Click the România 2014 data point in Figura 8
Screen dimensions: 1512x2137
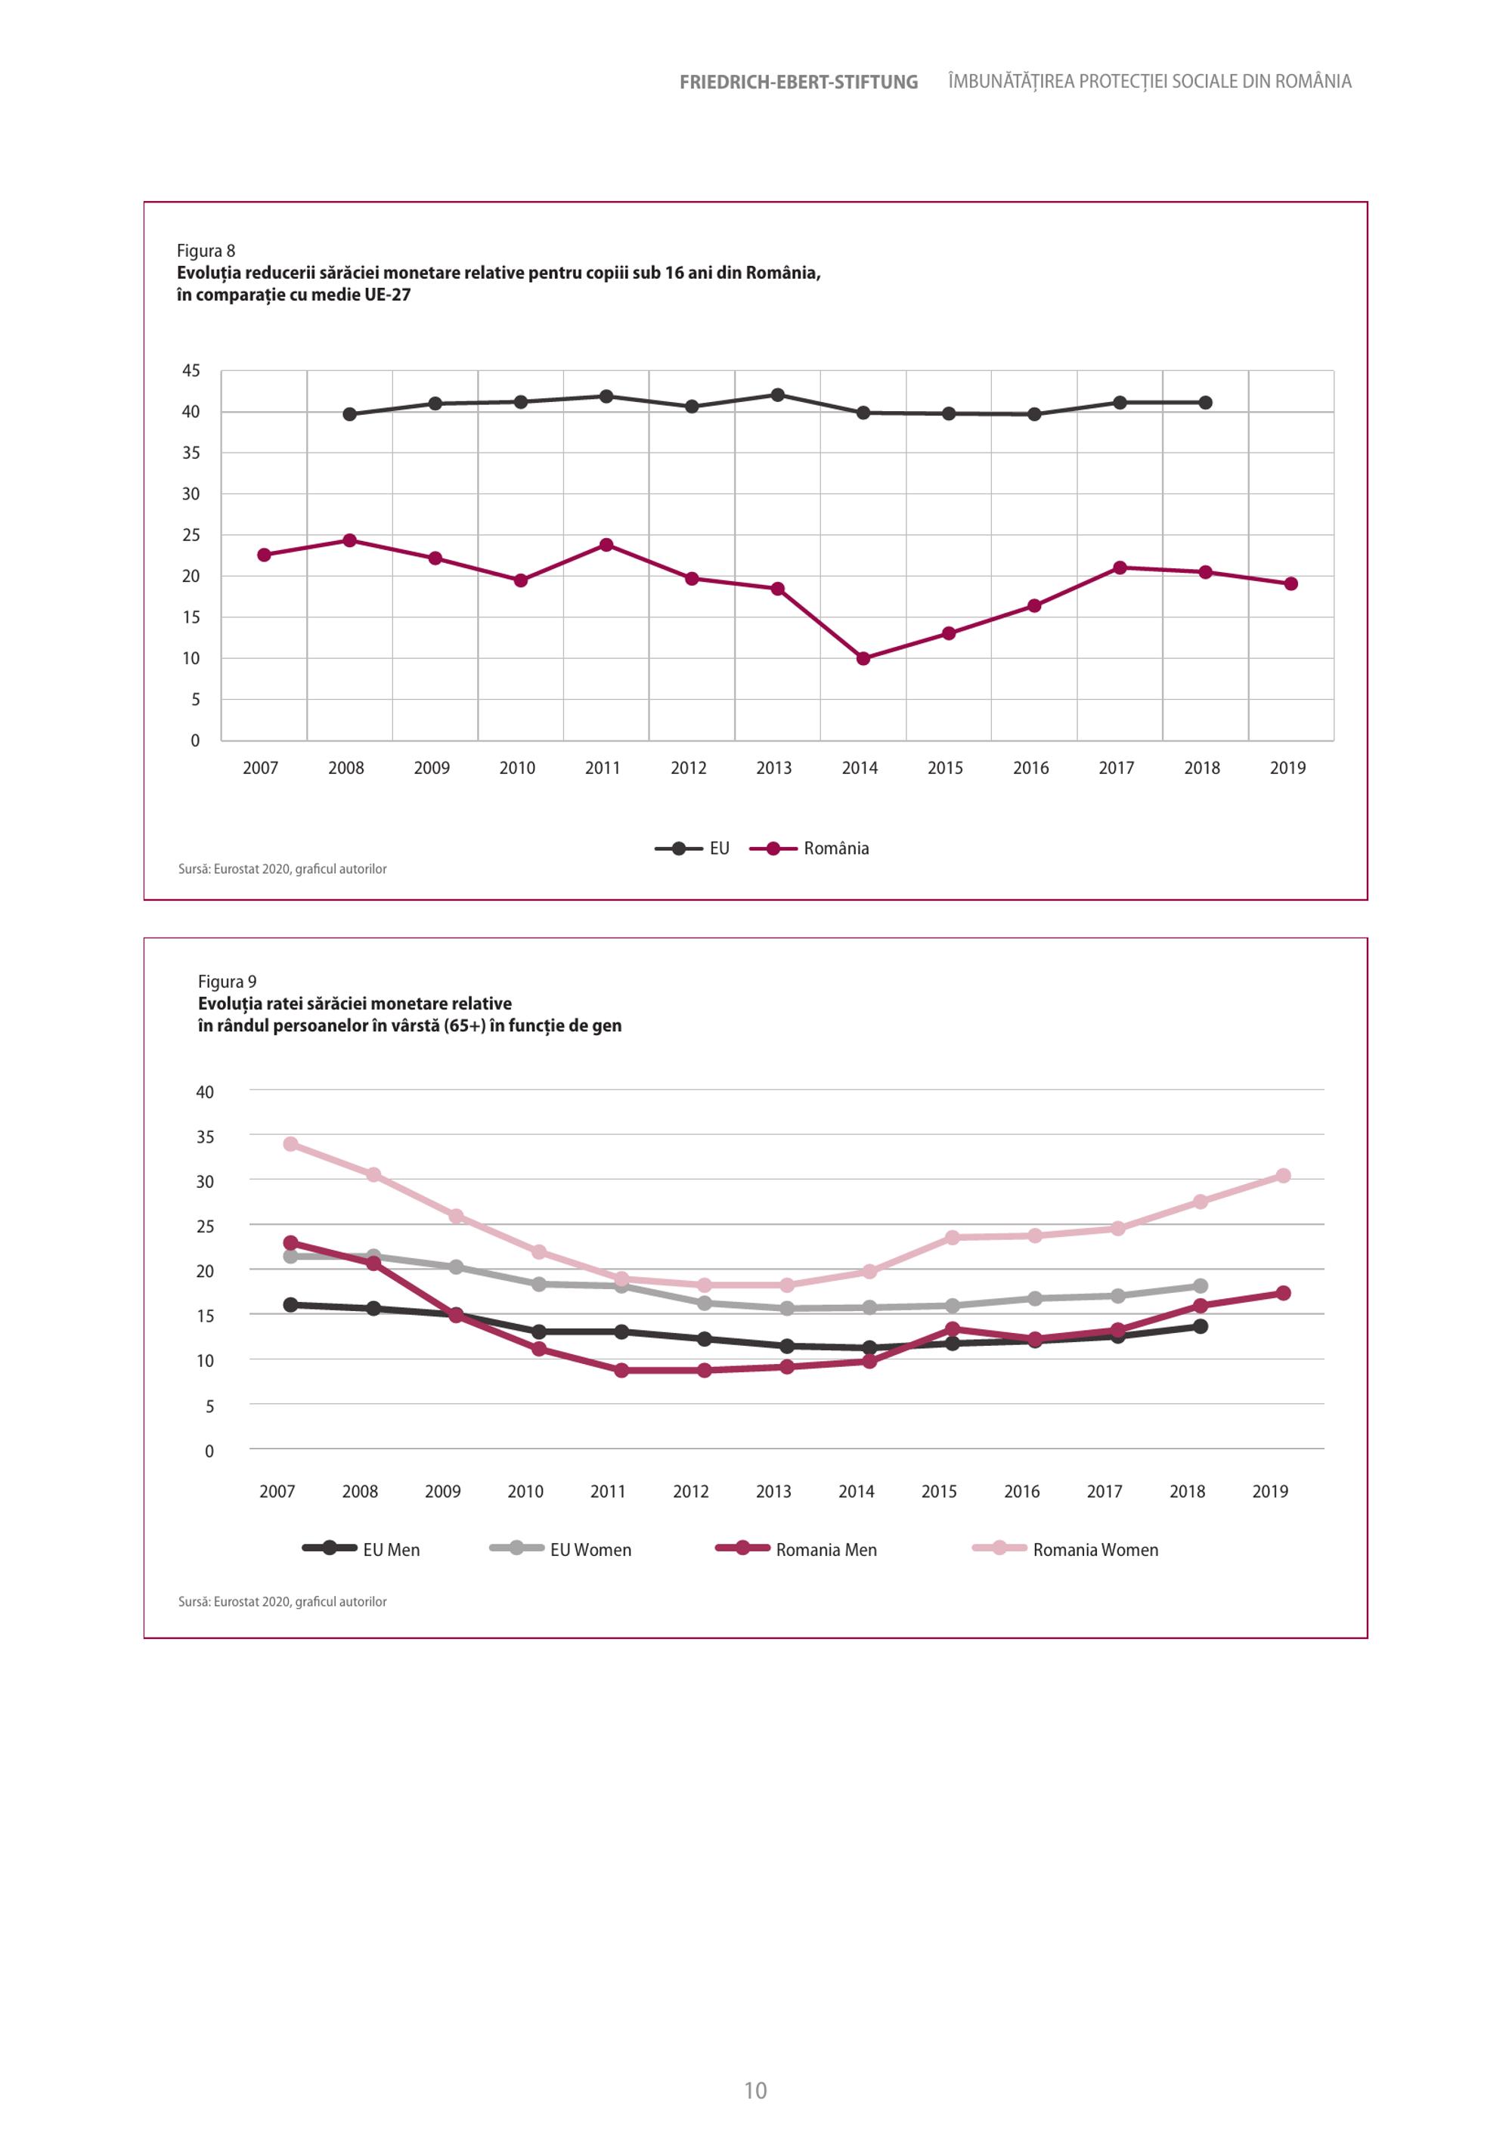pyautogui.click(x=863, y=658)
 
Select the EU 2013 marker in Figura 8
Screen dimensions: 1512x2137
pyautogui.click(x=777, y=394)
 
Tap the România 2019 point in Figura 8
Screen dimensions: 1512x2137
pyautogui.click(x=1290, y=583)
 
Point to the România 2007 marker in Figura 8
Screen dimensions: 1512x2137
pyautogui.click(x=264, y=555)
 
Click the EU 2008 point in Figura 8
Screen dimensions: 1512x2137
pyautogui.click(x=349, y=414)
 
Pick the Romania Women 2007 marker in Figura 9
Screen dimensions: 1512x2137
pyautogui.click(x=290, y=1144)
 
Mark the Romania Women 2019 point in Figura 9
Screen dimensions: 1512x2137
pyautogui.click(x=1283, y=1176)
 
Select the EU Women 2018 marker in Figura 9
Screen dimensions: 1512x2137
pyautogui.click(x=1200, y=1286)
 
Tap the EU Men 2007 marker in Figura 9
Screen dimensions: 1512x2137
pyautogui.click(x=290, y=1305)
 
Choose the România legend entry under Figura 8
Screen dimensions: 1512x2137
pyautogui.click(x=809, y=848)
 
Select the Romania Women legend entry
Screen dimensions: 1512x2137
pyautogui.click(x=1065, y=1550)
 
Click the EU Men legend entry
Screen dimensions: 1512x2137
pyautogui.click(x=361, y=1550)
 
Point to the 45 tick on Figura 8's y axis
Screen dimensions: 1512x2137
pyautogui.click(x=191, y=370)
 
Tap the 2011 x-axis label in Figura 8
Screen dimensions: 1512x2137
pyautogui.click(x=603, y=768)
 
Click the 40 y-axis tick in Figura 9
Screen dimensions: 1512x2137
pyautogui.click(x=205, y=1092)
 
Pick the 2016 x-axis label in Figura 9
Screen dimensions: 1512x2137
pyautogui.click(x=1021, y=1491)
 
